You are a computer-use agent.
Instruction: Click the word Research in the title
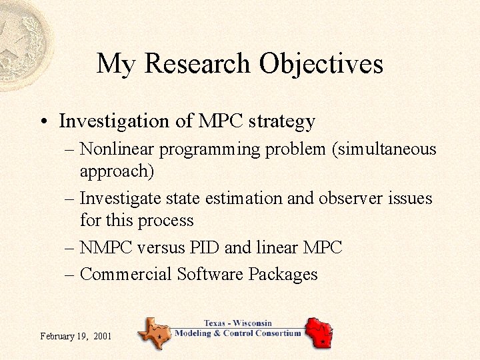pyautogui.click(x=197, y=64)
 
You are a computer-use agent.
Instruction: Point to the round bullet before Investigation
pyautogui.click(x=43, y=122)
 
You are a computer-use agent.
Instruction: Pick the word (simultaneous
pyautogui.click(x=385, y=149)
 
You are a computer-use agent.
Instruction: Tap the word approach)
pyautogui.click(x=117, y=171)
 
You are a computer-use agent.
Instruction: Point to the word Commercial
pyautogui.click(x=125, y=274)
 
